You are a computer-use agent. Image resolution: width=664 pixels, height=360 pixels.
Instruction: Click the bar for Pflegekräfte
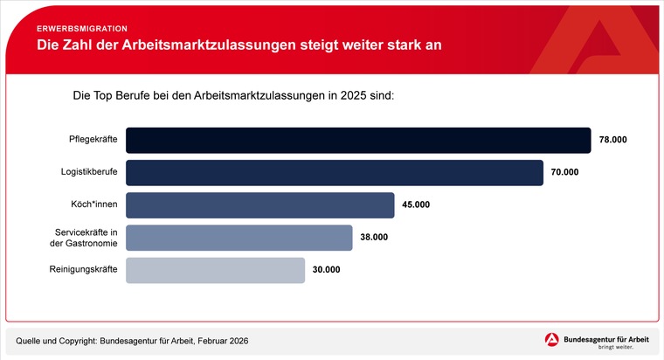pos(358,140)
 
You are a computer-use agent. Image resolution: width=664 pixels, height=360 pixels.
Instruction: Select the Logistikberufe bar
pos(335,172)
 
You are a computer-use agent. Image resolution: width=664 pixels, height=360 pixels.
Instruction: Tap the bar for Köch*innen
pos(260,204)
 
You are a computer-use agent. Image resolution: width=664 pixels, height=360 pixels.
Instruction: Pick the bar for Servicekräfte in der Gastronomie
pos(239,237)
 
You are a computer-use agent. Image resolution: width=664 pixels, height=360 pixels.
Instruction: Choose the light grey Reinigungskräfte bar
pos(216,270)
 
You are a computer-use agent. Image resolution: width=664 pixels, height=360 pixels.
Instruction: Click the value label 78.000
pos(613,140)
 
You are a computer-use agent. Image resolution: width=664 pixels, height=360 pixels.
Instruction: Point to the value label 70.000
pos(565,172)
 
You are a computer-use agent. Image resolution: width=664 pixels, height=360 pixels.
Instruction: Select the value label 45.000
pos(416,204)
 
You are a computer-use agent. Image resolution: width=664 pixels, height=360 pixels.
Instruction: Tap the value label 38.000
pos(374,237)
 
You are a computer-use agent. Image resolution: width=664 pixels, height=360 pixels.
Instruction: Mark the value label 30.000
pos(326,270)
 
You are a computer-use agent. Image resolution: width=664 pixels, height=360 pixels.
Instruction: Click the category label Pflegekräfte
pos(93,140)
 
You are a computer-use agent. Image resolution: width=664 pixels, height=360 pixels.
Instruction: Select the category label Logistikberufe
pos(89,172)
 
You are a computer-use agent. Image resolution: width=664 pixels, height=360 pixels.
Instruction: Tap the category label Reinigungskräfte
pos(84,270)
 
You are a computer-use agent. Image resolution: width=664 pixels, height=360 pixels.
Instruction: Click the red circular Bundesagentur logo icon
pos(552,341)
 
